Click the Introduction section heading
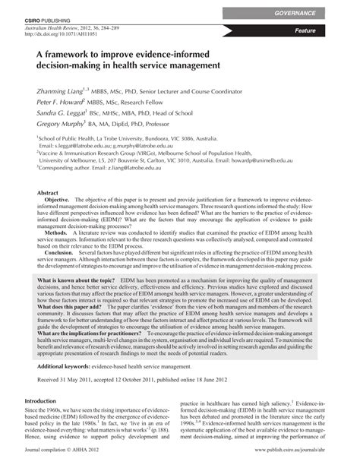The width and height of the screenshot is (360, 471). tap(46, 422)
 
